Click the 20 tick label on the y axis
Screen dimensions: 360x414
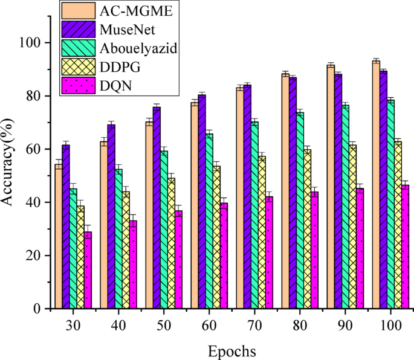[x=34, y=256]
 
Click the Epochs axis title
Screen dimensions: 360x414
[x=231, y=351]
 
